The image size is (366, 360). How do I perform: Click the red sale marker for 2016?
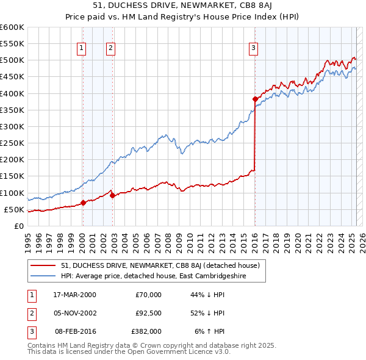point(254,99)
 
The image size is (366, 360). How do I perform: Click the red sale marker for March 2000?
point(83,203)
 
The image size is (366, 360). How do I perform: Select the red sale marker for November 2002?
point(112,195)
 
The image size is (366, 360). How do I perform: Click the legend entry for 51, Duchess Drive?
point(160,265)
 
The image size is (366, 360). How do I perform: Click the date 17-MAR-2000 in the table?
point(74,295)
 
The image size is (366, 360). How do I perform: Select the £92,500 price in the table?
point(148,313)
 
